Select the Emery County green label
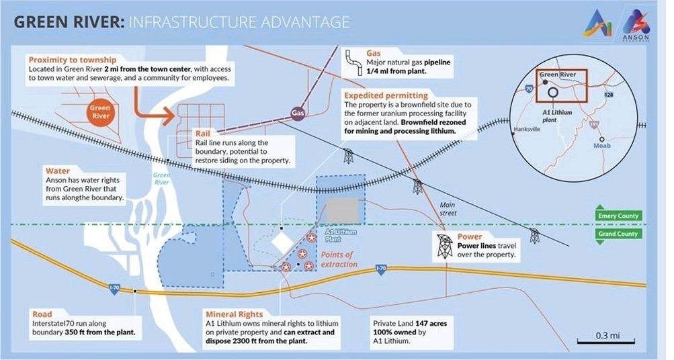pyautogui.click(x=617, y=216)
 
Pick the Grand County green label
pyautogui.click(x=617, y=234)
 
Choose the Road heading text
pyautogui.click(x=42, y=314)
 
